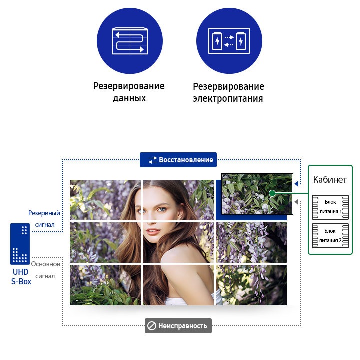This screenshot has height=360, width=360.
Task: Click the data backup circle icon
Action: [x=130, y=41]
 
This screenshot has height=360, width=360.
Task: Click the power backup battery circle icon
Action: [x=229, y=41]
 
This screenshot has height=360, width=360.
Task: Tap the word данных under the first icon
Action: [x=129, y=98]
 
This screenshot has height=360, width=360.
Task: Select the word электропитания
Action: [x=228, y=98]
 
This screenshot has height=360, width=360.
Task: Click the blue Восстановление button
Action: [x=178, y=160]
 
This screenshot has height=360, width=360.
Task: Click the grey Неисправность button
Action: [x=178, y=326]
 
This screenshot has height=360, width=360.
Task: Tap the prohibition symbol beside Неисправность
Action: [x=152, y=326]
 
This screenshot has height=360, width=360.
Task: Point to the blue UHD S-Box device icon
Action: [x=20, y=244]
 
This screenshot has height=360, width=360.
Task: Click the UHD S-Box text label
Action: [x=21, y=277]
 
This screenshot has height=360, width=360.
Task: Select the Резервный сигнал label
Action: [x=44, y=219]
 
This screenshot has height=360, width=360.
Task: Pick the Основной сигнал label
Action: [x=45, y=270]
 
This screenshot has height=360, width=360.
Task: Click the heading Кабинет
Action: [x=330, y=179]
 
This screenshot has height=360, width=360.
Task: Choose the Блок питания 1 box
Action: [x=330, y=207]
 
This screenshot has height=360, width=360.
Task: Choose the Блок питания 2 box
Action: [x=330, y=236]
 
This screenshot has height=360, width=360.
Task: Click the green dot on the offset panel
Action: [x=272, y=193]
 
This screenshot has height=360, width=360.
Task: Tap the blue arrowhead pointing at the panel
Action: [x=296, y=183]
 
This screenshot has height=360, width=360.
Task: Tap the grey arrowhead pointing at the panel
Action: [x=296, y=202]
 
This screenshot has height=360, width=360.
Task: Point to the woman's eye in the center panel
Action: [x=162, y=209]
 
